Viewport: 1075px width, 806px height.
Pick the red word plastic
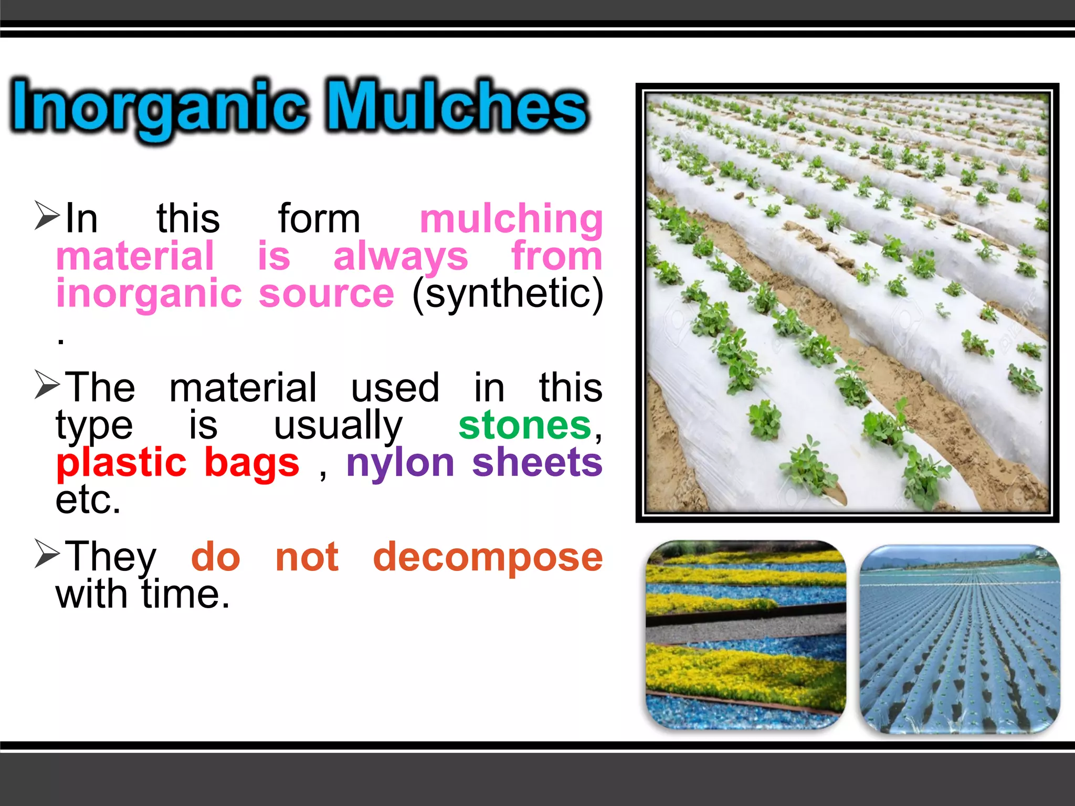[121, 463]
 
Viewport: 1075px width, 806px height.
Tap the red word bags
[251, 463]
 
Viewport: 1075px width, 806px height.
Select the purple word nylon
[400, 463]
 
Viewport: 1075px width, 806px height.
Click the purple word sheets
[537, 463]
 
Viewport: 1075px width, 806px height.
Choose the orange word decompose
[488, 557]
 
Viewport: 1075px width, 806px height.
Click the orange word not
[307, 557]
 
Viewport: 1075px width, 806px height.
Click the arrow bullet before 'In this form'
[47, 215]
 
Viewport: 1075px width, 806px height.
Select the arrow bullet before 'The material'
[47, 384]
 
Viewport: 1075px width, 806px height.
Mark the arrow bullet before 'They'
[47, 553]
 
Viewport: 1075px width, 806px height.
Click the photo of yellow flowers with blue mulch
[745, 635]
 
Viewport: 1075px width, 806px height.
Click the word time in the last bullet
[185, 595]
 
